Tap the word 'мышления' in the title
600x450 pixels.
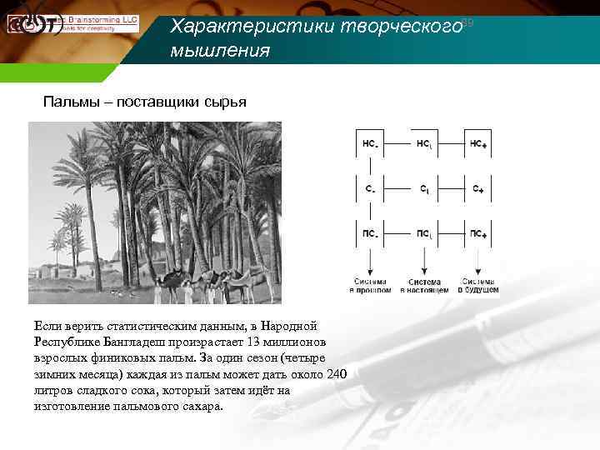[x=220, y=51]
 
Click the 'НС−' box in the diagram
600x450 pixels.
[x=370, y=143]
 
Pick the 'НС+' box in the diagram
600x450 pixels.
[x=477, y=143]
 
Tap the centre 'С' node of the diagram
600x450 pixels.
[x=424, y=189]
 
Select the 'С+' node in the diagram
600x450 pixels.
[x=477, y=189]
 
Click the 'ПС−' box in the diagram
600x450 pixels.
[x=370, y=233]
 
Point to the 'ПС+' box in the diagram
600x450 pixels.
[x=477, y=233]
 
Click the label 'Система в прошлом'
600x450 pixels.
[x=370, y=285]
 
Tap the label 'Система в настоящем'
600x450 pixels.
[x=425, y=285]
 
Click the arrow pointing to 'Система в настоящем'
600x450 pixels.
[x=425, y=262]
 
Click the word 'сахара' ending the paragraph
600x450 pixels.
[x=202, y=406]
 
